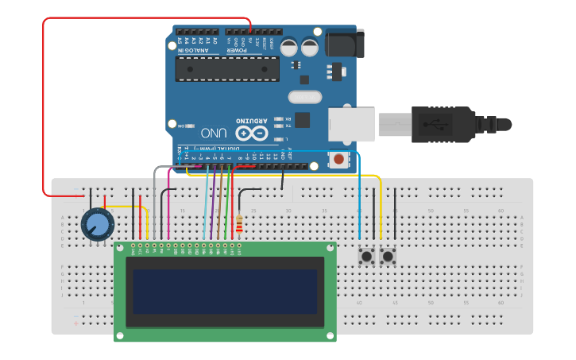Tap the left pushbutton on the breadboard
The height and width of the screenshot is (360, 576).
click(367, 257)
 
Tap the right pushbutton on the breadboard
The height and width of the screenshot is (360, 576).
click(388, 257)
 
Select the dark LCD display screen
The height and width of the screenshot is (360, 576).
click(226, 292)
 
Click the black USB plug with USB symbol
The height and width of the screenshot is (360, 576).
click(442, 123)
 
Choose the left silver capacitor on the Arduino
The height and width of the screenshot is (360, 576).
click(289, 47)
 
